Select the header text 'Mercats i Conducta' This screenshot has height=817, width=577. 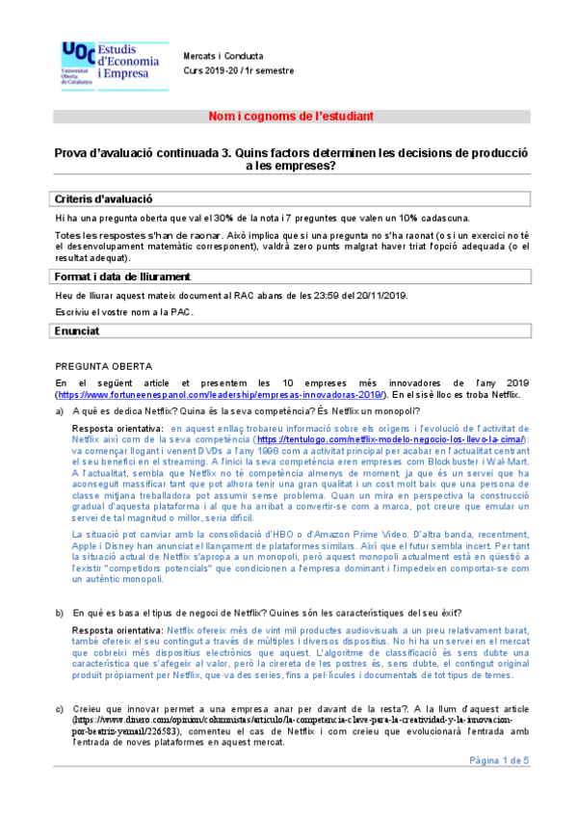pyautogui.click(x=223, y=57)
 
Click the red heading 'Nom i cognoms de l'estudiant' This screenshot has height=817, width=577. pyautogui.click(x=291, y=117)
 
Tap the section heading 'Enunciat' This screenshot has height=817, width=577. pyautogui.click(x=78, y=330)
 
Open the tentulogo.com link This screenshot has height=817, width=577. pyautogui.click(x=396, y=439)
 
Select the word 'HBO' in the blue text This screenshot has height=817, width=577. pyautogui.click(x=289, y=532)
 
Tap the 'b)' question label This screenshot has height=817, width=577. pyautogui.click(x=61, y=612)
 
